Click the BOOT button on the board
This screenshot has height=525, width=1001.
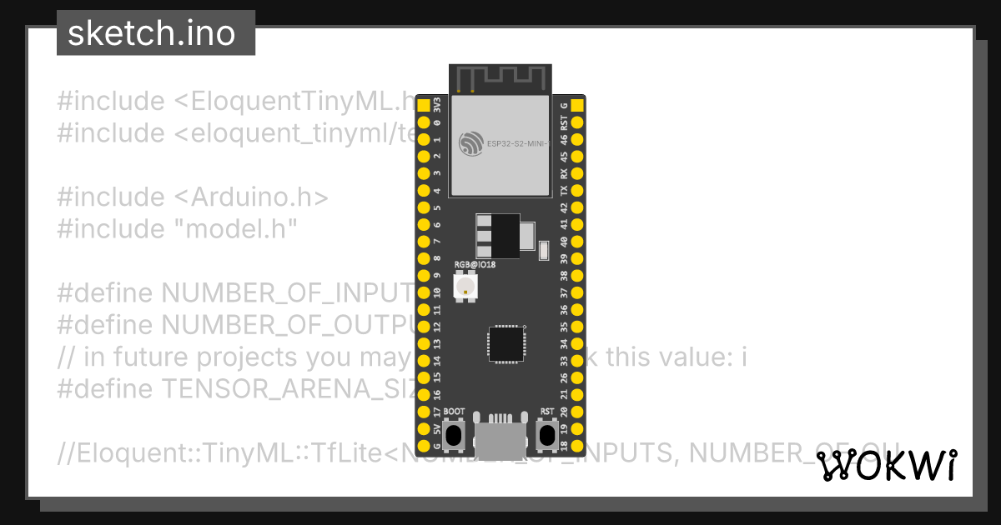(x=454, y=435)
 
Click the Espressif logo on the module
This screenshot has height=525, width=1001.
(x=470, y=144)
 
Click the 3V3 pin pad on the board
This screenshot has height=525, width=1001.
(x=423, y=105)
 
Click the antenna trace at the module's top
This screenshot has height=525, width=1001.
(x=500, y=78)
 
